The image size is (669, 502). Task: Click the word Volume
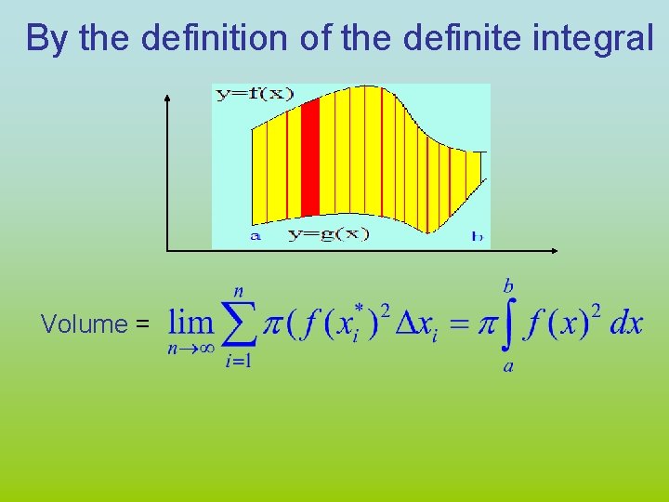coord(84,324)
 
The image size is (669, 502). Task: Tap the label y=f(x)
coord(254,94)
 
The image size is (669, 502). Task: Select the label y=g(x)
coord(327,234)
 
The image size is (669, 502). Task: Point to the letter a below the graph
coord(256,235)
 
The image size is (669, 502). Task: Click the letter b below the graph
coord(477,236)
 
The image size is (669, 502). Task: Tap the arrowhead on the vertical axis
coord(167,97)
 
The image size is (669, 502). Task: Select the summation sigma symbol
coord(239,324)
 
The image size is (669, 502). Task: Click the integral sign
coord(508,324)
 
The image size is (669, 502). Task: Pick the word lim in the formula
coord(190,323)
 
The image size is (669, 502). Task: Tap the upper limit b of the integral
coord(509,283)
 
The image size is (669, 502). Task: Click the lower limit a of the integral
coord(508,366)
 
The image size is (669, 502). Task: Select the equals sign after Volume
coord(142,324)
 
